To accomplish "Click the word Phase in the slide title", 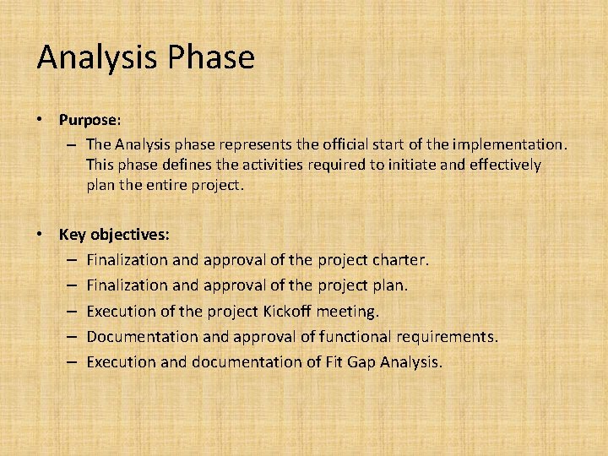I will point(211,57).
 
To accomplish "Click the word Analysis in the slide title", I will point(97,57).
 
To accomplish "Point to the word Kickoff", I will point(287,311).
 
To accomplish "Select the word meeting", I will point(348,311).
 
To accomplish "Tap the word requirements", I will point(448,336).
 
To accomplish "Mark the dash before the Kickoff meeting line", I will point(71,311).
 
